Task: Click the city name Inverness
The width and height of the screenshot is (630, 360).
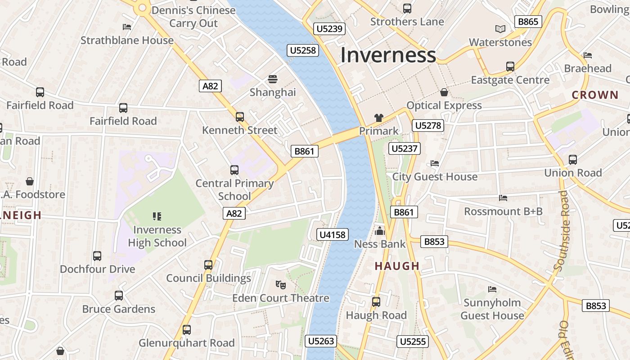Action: pos(388,55)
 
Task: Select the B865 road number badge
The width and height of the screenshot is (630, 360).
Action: pos(528,22)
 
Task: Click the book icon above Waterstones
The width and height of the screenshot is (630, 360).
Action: pos(500,29)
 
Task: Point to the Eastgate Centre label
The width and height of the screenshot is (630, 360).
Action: pos(510,80)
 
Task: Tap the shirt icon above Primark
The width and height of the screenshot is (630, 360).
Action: pos(378,118)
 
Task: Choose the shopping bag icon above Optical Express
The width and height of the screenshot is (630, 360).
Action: pos(444,92)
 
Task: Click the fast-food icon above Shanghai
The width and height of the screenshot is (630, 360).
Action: pos(273,79)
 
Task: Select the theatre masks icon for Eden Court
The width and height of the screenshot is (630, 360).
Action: pos(281,284)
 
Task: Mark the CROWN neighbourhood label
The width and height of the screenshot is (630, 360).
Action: pos(595,95)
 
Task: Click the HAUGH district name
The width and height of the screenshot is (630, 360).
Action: pos(397,266)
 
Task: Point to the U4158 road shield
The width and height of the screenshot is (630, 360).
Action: pos(333,234)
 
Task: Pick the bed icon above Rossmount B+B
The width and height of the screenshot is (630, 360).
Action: pos(503,198)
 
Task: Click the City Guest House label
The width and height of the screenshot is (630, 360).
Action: pos(435,176)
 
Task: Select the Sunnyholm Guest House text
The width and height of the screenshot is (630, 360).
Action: pos(492,309)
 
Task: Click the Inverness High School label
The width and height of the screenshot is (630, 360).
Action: pos(157,236)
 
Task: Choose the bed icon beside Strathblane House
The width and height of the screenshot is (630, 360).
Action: pos(127,27)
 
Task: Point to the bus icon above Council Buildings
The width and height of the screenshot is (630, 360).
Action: pos(208,265)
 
